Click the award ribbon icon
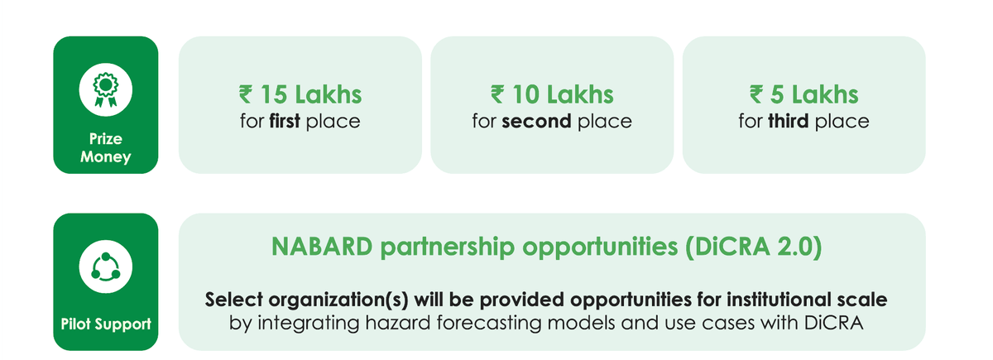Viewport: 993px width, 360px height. (106, 90)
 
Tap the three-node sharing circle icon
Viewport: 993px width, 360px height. (106, 266)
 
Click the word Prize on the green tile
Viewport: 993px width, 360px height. (106, 139)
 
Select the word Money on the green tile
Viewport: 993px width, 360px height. (106, 156)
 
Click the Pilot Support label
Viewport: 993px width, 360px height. (106, 324)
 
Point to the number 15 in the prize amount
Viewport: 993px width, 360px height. (274, 94)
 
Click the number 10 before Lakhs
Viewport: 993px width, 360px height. (525, 94)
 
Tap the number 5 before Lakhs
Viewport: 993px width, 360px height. (777, 94)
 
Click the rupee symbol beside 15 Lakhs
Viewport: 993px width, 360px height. (246, 94)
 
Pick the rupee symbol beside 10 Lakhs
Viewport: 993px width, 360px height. (497, 94)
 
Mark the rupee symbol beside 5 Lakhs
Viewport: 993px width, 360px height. (756, 94)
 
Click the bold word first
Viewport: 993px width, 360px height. (285, 121)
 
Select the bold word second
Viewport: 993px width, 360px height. (536, 122)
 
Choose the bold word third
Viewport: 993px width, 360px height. (788, 121)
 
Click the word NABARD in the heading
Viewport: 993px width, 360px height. (322, 247)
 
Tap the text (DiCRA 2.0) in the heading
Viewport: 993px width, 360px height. (754, 247)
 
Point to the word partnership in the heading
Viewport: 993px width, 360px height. (448, 247)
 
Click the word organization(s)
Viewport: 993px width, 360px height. (338, 300)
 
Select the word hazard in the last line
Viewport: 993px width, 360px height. (398, 323)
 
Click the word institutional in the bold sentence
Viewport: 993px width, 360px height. (779, 300)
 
